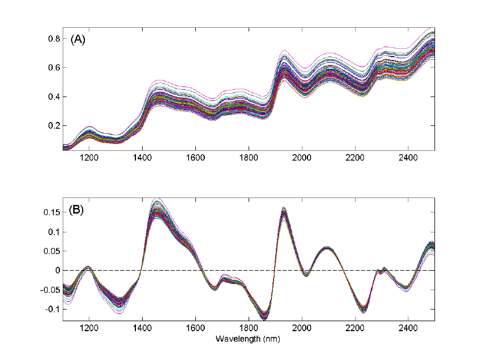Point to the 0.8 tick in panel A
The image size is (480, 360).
point(54,39)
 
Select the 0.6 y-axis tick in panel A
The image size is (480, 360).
point(54,68)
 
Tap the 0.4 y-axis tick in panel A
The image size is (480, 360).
point(54,97)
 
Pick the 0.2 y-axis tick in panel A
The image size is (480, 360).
point(54,125)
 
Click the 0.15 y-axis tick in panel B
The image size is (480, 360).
point(52,212)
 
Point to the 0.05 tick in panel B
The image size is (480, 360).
point(52,251)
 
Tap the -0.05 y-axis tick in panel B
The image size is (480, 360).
point(50,290)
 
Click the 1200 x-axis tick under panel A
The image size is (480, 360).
point(89,157)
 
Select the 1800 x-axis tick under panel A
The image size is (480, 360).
point(249,157)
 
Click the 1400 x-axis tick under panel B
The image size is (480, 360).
point(143,328)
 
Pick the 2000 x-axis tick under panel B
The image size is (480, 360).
point(302,328)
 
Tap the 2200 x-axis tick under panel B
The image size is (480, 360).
point(355,328)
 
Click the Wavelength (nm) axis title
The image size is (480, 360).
point(248,338)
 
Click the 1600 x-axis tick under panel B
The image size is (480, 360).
point(195,328)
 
